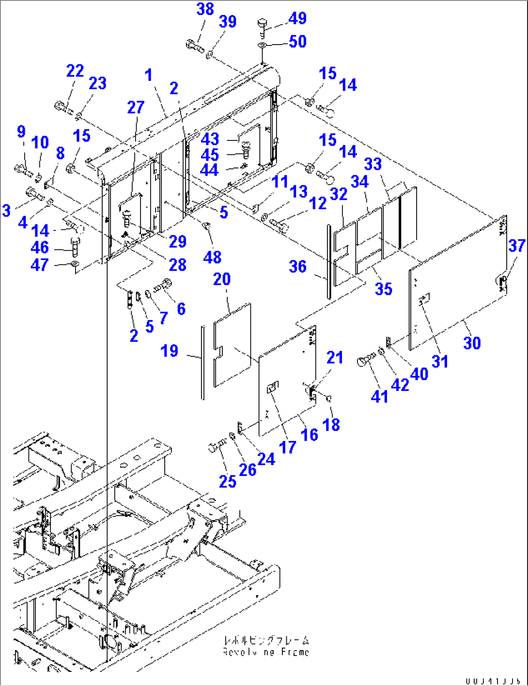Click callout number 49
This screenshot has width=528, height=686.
tap(297, 18)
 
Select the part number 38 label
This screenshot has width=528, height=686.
tap(205, 9)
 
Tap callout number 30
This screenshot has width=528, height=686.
tap(472, 343)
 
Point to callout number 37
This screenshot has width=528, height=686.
tap(516, 245)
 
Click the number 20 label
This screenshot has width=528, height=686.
tap(222, 279)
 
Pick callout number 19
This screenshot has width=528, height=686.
tap(170, 351)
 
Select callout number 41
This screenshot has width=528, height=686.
tap(379, 396)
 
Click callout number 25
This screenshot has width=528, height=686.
tap(227, 481)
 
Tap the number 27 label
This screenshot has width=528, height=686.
tap(136, 107)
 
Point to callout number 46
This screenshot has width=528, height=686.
tap(40, 247)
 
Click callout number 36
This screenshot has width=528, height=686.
tap(298, 266)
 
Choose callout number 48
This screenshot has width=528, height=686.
tap(212, 257)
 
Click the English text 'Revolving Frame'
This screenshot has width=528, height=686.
tap(266, 652)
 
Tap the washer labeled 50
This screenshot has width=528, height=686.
tap(262, 45)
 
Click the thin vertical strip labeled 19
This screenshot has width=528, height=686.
tap(202, 363)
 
